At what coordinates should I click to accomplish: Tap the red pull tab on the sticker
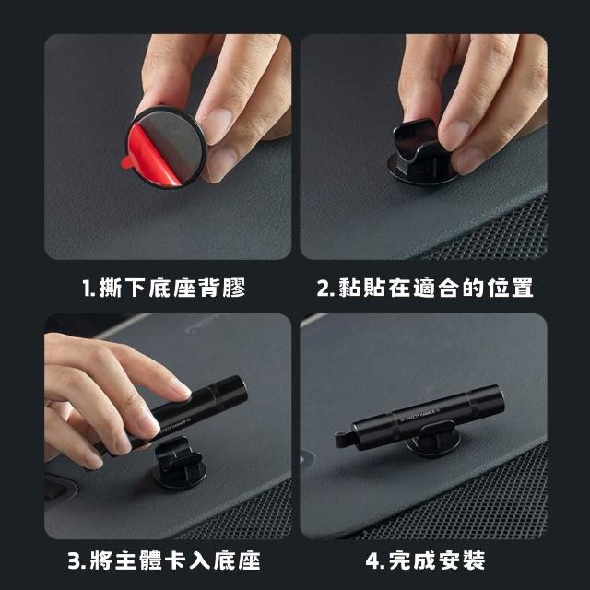point(127,162)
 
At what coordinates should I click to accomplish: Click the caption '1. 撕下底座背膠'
point(164,288)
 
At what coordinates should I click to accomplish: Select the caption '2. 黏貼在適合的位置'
point(425,288)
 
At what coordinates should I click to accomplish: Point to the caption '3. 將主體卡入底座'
point(164,560)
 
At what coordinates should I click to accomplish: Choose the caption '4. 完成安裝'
point(425,560)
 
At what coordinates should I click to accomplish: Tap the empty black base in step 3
point(180,463)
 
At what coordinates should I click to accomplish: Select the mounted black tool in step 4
point(419,418)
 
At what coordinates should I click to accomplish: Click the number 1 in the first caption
point(88,289)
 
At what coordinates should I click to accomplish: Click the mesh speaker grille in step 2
point(501,233)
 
